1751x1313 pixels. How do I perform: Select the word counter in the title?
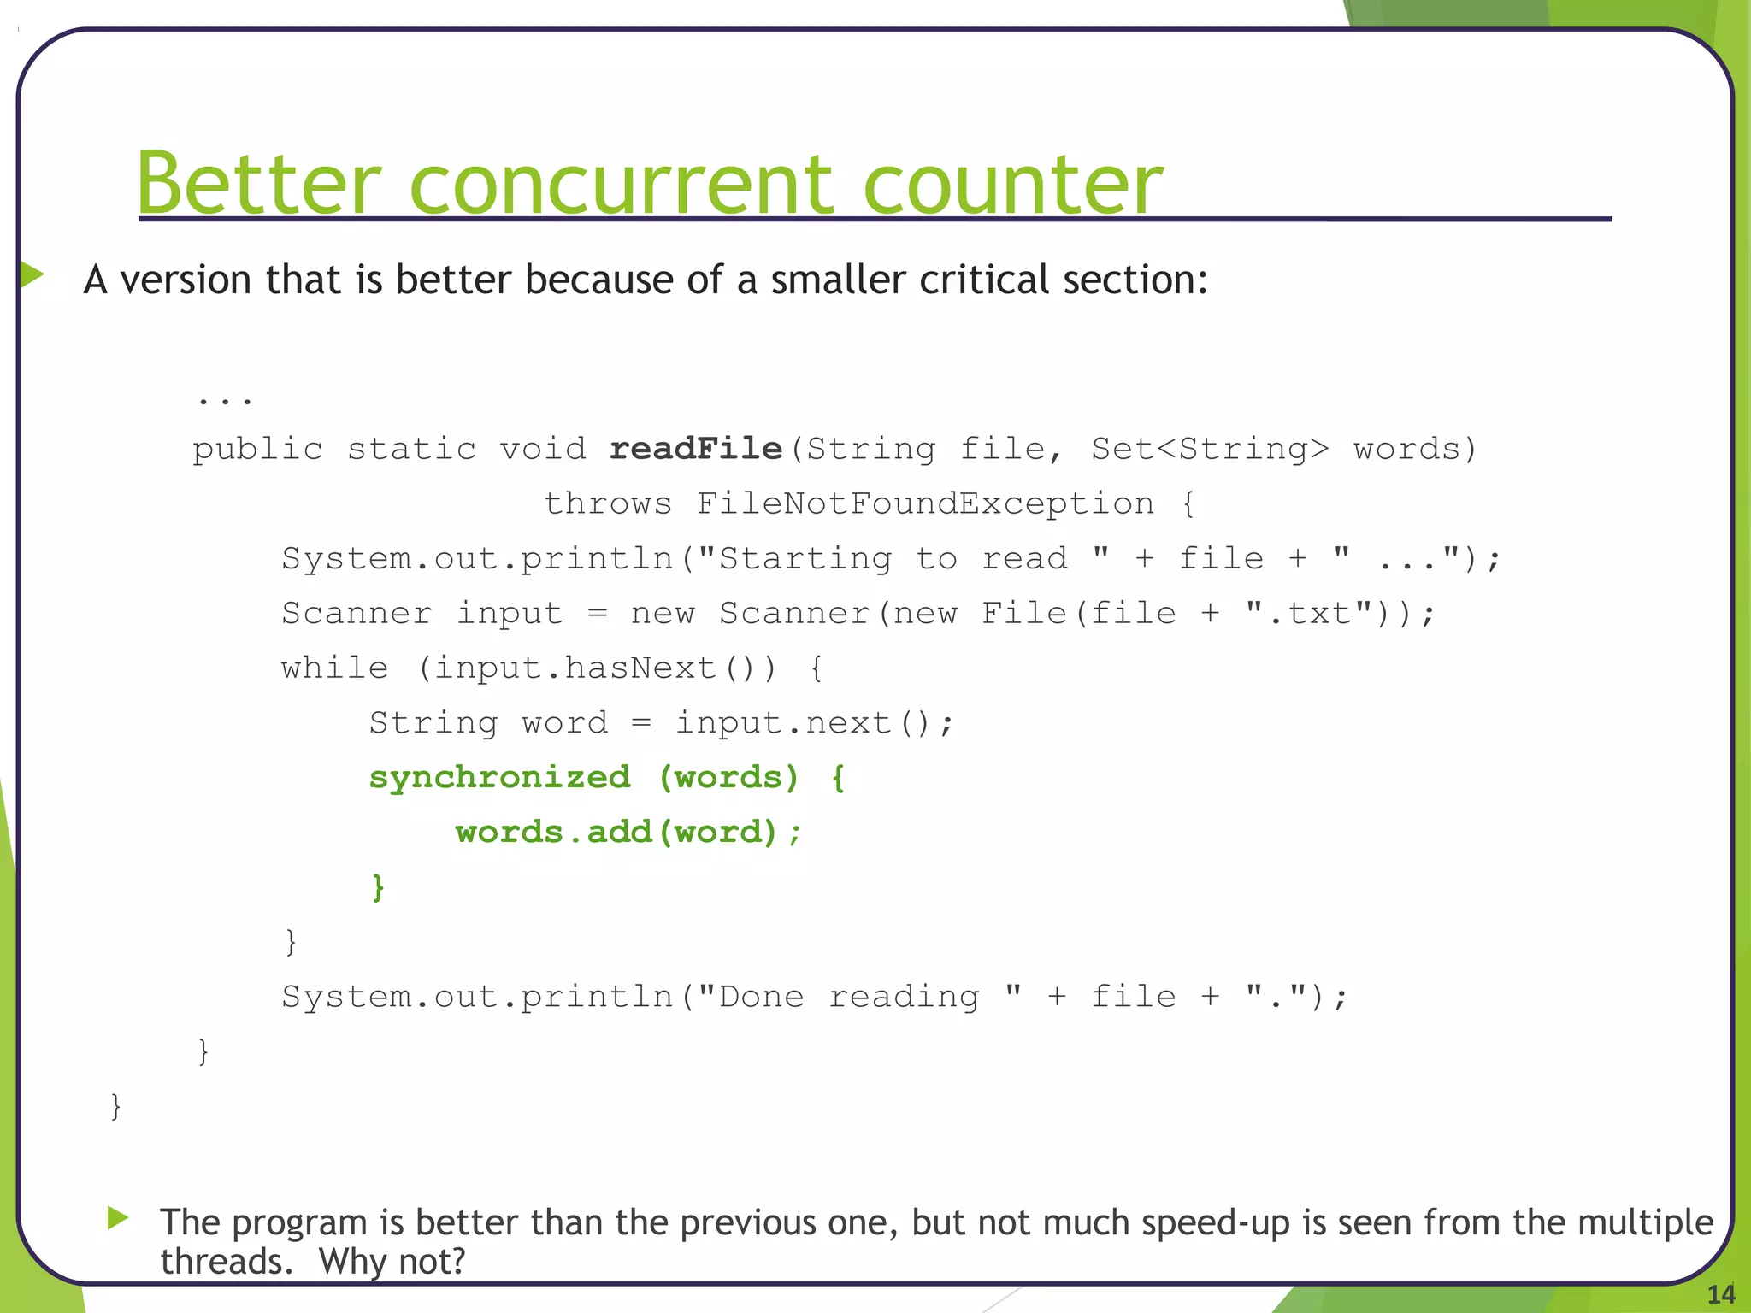1013,185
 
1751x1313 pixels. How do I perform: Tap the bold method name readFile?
696,449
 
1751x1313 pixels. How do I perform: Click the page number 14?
1720,1294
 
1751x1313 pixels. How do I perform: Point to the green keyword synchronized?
499,778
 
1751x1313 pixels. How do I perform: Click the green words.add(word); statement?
628,833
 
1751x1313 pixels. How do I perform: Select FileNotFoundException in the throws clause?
926,504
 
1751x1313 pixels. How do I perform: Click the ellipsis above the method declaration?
224,398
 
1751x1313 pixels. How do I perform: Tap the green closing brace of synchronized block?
378,887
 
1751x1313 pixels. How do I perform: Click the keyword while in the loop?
334,668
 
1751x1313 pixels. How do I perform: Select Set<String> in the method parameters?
1210,449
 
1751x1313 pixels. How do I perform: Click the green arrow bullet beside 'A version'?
32,274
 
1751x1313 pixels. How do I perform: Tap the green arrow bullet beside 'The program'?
119,1217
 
